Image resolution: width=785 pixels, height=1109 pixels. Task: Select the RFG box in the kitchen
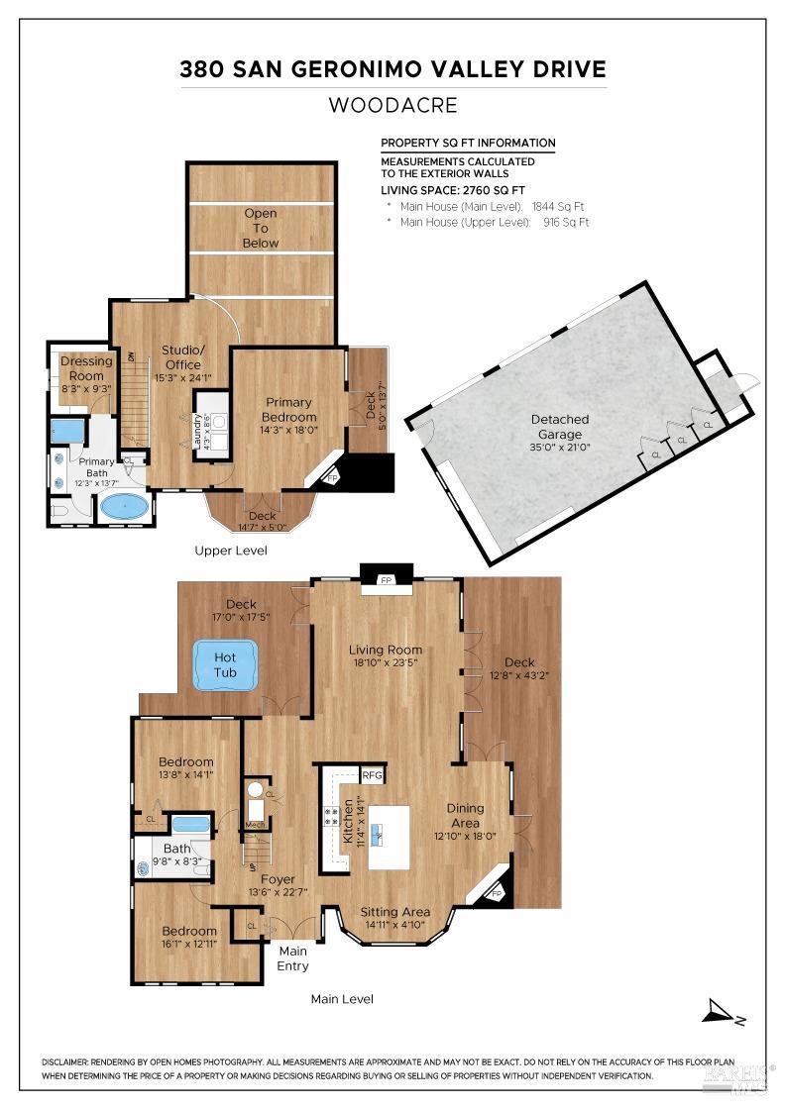click(x=373, y=774)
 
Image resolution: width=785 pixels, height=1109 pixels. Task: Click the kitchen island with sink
click(x=389, y=837)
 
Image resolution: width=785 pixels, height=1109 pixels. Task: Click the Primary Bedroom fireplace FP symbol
click(x=332, y=477)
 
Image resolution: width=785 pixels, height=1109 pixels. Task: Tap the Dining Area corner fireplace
click(x=498, y=892)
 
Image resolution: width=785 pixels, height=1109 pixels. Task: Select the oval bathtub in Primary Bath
click(x=125, y=507)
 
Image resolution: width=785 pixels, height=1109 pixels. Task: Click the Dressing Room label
click(x=87, y=368)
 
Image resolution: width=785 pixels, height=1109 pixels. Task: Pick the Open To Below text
click(x=261, y=228)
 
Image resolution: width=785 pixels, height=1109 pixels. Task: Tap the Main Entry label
click(x=292, y=959)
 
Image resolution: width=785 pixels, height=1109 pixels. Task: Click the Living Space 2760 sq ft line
click(x=453, y=189)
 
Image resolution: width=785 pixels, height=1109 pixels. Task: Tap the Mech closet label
click(x=255, y=825)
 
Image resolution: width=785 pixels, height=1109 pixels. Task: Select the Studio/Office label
click(x=182, y=357)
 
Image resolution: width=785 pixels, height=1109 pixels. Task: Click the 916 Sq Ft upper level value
click(x=566, y=223)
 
